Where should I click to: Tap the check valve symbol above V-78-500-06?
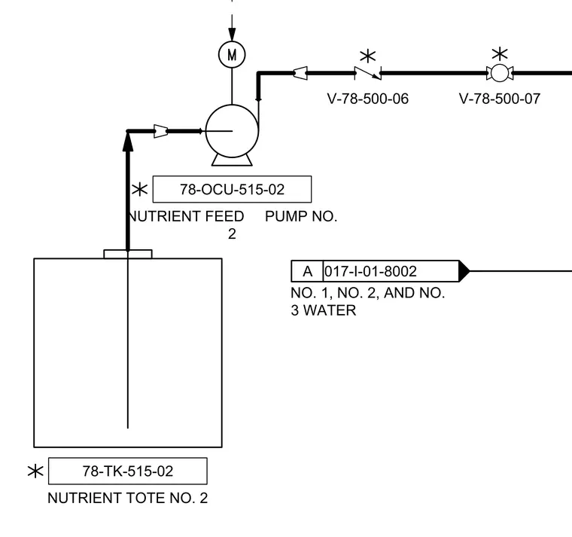tap(368, 73)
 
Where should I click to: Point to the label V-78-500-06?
tap(368, 99)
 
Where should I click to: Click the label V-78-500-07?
tap(500, 99)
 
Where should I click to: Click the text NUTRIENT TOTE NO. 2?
tap(128, 498)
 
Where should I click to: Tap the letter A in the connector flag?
tap(308, 272)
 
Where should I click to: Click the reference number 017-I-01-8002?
tap(370, 272)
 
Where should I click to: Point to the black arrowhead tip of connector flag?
tap(470, 271)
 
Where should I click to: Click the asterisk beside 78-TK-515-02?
tap(36, 471)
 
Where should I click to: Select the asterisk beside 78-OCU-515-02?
tap(139, 190)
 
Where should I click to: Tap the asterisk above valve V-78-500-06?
tap(368, 56)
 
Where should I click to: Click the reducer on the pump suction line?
tap(160, 131)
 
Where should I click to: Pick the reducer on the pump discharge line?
tap(300, 73)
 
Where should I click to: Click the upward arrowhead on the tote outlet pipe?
tap(128, 142)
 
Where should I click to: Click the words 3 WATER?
tap(323, 310)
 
